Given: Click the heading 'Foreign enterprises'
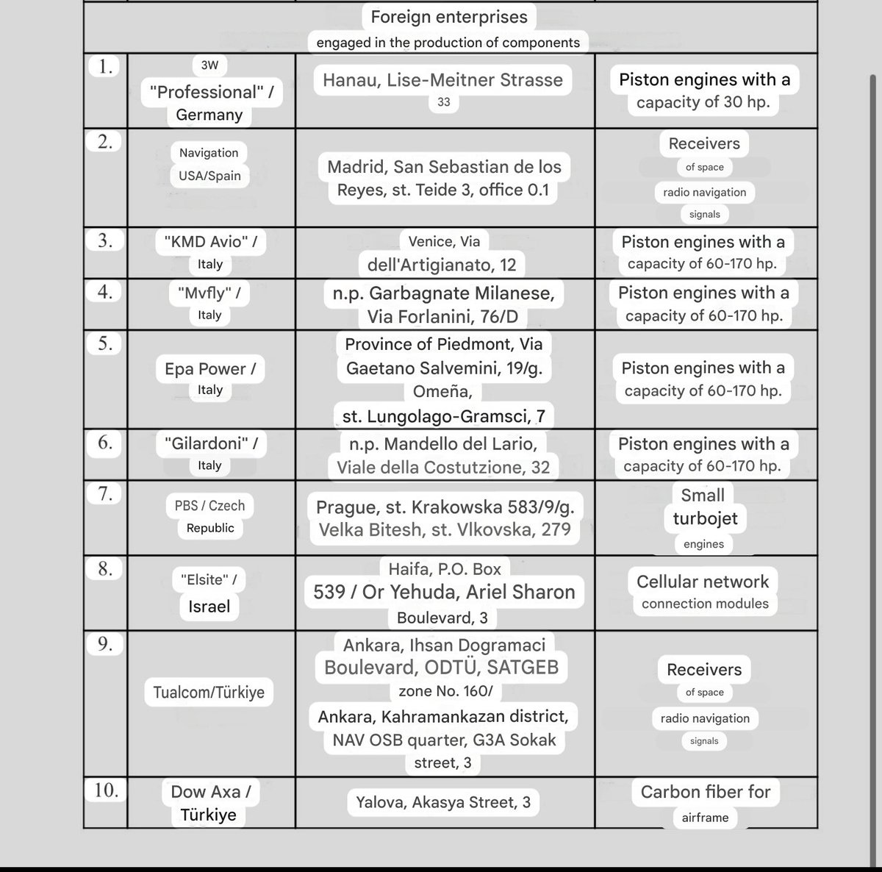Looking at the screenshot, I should click(448, 16).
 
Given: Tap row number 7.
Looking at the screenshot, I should click(105, 494).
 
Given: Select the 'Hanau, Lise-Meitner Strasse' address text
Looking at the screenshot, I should click(443, 79).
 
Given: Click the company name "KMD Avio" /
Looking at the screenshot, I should click(209, 241).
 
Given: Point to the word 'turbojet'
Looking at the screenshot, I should click(705, 518).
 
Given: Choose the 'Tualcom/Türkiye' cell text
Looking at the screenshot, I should click(209, 693).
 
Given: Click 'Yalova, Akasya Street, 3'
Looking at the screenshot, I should click(443, 802).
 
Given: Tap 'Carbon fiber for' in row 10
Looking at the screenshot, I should click(705, 792).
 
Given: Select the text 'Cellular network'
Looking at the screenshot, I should click(703, 582).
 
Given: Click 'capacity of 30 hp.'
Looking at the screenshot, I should click(703, 102).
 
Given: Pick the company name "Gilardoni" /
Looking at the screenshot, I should click(209, 443).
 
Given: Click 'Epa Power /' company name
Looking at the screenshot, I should click(210, 368).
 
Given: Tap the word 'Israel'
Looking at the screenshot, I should click(209, 607).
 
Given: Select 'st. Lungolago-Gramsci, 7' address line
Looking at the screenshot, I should click(443, 417).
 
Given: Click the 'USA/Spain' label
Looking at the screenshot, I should click(209, 176).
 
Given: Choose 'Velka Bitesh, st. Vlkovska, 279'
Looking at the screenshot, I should click(444, 529).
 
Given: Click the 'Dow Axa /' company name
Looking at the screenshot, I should click(210, 792).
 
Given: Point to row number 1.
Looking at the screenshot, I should click(105, 67).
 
